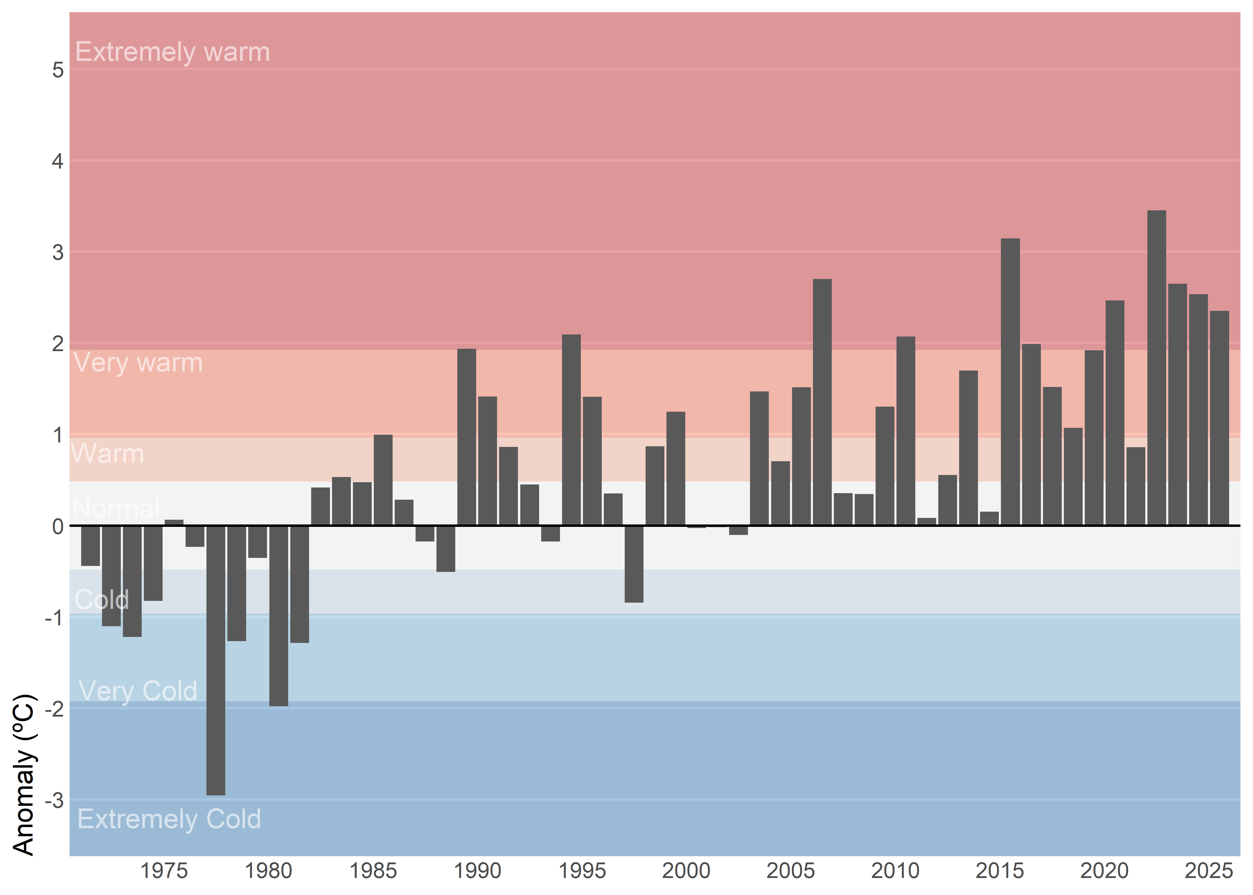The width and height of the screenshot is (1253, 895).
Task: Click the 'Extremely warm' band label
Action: (x=172, y=52)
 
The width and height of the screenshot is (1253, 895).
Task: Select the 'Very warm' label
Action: (x=138, y=363)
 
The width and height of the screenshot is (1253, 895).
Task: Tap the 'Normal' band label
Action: (x=116, y=508)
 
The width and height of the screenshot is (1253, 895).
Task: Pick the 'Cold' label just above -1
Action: (x=102, y=600)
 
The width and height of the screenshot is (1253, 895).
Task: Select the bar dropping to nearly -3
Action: (x=215, y=660)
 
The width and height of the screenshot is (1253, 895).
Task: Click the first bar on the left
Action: (x=90, y=546)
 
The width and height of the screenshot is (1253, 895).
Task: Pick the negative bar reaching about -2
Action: (x=278, y=615)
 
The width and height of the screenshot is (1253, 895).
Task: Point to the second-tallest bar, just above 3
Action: (x=1010, y=382)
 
